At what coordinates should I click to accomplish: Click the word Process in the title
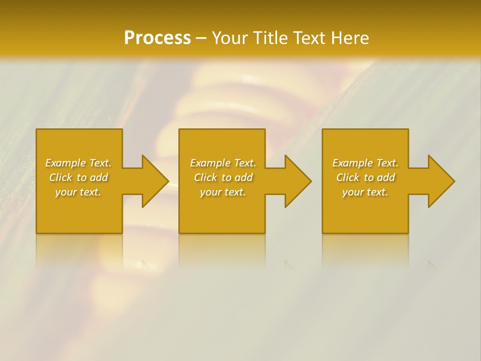[157, 38]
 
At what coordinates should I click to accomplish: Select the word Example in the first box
[65, 163]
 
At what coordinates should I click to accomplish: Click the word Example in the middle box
[210, 163]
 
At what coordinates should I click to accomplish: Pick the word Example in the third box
[352, 163]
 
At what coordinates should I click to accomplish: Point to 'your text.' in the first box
[78, 192]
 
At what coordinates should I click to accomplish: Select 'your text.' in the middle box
[223, 192]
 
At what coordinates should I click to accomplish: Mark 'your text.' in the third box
[365, 192]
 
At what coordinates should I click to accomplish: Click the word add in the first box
[99, 177]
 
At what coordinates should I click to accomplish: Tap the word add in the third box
[386, 177]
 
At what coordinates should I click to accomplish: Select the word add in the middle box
[244, 177]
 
